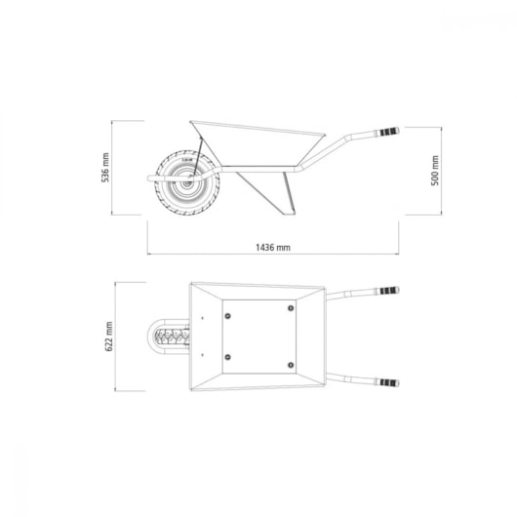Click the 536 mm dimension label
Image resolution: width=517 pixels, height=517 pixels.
click(x=105, y=168)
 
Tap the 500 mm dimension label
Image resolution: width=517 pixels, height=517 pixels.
click(x=435, y=171)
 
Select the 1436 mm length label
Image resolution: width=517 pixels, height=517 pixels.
click(x=273, y=248)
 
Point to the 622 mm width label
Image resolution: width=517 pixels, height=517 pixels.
click(x=109, y=337)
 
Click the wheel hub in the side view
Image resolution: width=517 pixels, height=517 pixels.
click(x=187, y=183)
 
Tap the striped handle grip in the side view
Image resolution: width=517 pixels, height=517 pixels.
click(x=389, y=132)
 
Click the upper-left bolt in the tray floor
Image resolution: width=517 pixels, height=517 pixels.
click(x=227, y=316)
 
